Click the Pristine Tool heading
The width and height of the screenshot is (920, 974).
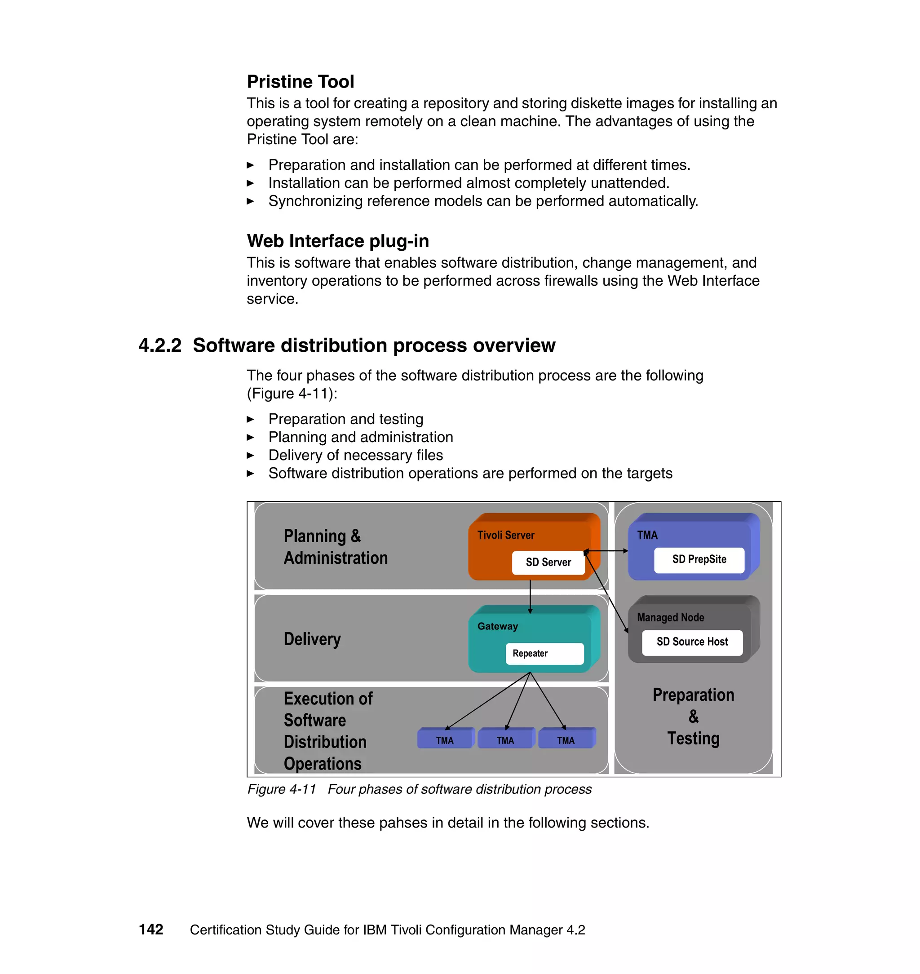coord(300,81)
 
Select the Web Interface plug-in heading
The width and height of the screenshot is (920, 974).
coord(338,241)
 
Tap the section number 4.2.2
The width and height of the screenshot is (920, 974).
coord(160,345)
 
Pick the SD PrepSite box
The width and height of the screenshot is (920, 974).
coord(699,560)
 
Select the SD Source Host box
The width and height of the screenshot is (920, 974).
coord(692,642)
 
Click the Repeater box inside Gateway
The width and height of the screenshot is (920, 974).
coord(544,653)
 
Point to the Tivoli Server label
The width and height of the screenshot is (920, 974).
coord(506,535)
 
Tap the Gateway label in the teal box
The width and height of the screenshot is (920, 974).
coord(497,626)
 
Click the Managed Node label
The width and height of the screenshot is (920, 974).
coord(670,617)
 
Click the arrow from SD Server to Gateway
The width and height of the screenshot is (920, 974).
coord(530,596)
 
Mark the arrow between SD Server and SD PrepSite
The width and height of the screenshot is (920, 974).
coord(606,551)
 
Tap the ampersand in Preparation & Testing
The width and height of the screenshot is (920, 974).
coord(694,717)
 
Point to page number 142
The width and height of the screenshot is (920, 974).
coord(151,930)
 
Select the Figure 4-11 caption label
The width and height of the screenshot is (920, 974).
coord(282,789)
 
